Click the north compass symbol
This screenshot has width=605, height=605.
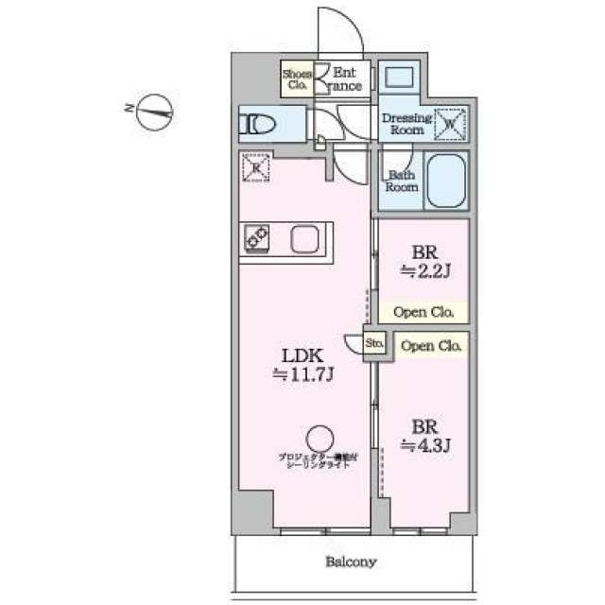pos(157,113)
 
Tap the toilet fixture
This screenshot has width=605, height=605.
pos(257,123)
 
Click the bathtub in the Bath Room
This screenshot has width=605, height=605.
pos(446,180)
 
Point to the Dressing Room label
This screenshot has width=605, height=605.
pos(406,124)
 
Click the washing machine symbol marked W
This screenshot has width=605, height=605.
pos(449,122)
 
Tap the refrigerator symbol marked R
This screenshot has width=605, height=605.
pos(255,167)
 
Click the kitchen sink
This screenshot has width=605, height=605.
pos(305,240)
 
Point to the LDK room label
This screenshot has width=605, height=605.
pos(305,356)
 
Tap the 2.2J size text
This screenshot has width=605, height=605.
pos(423,272)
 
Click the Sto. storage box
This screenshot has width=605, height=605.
pos(375,344)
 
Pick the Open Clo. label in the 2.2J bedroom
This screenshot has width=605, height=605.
pos(423,311)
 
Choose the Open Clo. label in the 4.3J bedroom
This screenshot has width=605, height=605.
pos(431,346)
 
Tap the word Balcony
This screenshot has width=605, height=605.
pos(352,562)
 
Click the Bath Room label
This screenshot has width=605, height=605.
pos(401,181)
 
